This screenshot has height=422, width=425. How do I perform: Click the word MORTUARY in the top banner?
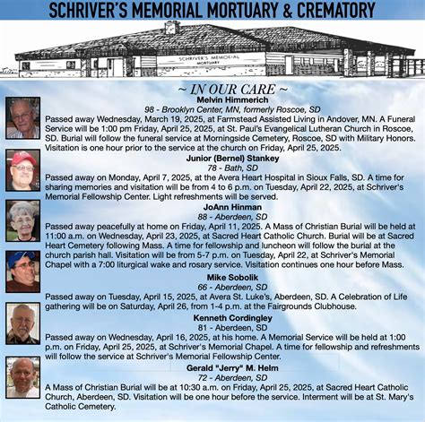pyautogui.click(x=250, y=11)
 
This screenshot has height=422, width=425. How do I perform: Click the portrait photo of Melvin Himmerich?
pyautogui.click(x=23, y=118)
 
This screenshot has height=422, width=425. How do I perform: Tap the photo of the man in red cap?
pyautogui.click(x=23, y=170)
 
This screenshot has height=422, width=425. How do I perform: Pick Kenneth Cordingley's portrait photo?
pyautogui.click(x=23, y=323)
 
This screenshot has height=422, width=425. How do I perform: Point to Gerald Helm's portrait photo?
pyautogui.click(x=23, y=377)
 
